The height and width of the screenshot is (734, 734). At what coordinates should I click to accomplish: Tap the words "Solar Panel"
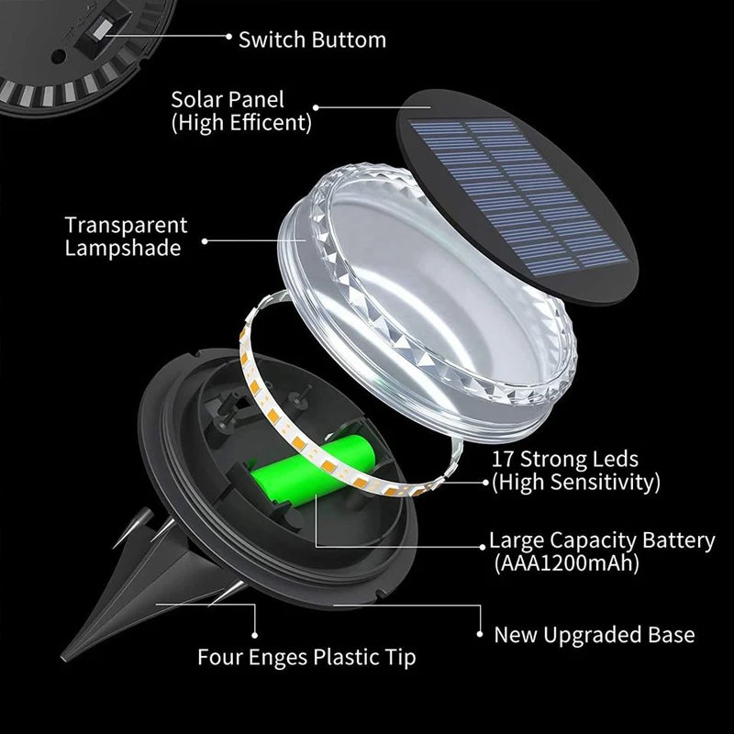pos(228,98)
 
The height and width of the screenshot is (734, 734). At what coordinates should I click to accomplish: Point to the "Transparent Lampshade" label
pos(127,237)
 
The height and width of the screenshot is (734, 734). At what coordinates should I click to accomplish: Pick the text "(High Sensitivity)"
pos(575,481)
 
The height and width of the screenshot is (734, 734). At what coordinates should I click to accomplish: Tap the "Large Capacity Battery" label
pos(602,540)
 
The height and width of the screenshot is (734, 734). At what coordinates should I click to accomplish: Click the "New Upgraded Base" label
pos(595,634)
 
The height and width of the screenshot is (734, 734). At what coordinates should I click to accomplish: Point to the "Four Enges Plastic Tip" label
pos(306,657)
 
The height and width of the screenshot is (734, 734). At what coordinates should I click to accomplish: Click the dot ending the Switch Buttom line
pos(228,37)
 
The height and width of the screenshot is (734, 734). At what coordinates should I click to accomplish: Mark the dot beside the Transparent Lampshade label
pos(204,242)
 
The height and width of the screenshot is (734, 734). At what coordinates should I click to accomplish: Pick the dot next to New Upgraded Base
pos(480,633)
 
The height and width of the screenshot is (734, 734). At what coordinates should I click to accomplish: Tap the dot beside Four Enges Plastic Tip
pos(257,632)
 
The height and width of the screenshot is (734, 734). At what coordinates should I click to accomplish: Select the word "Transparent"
pos(127,225)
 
